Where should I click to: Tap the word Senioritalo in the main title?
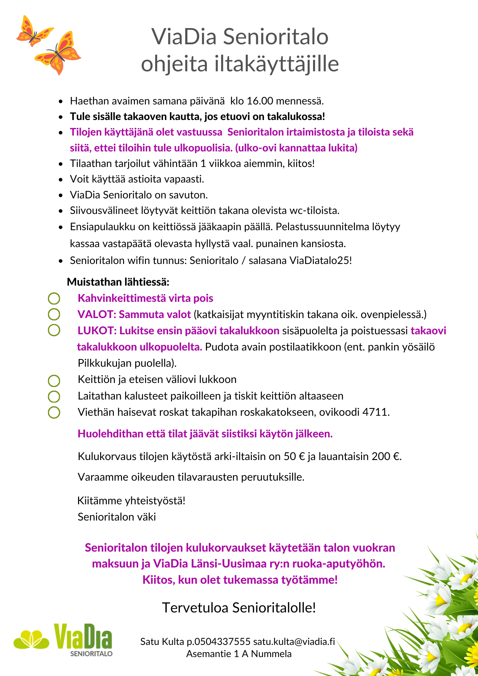click(276, 37)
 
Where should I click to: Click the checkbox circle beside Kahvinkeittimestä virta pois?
click(54, 298)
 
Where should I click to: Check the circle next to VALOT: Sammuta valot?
click(54, 314)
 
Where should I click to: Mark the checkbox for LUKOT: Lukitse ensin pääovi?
click(54, 330)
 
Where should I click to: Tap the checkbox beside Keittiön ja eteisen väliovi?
click(54, 381)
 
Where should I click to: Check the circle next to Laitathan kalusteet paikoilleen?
click(54, 396)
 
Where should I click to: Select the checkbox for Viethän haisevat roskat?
click(54, 412)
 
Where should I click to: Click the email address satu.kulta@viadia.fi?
click(294, 642)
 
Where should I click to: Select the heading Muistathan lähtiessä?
click(118, 282)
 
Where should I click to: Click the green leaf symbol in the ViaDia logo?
click(31, 639)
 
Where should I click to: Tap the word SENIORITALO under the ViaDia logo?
click(91, 654)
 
